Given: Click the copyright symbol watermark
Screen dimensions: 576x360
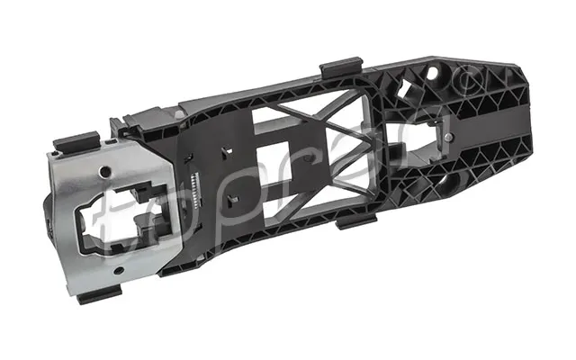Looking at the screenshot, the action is point(470,81).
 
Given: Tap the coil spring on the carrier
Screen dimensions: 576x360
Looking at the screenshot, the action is point(194,191).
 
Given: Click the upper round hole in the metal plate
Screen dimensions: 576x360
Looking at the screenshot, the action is point(105,171).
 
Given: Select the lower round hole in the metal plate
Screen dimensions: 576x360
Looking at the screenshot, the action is point(119,271).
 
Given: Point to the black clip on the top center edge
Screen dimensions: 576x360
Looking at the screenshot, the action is point(341,67).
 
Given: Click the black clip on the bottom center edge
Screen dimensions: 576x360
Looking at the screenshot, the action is point(357,221).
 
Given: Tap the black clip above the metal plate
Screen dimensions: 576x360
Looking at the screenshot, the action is point(77,141).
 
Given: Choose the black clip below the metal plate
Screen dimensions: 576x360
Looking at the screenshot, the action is point(99,294).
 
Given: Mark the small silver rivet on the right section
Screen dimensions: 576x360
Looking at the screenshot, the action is point(448,137).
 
